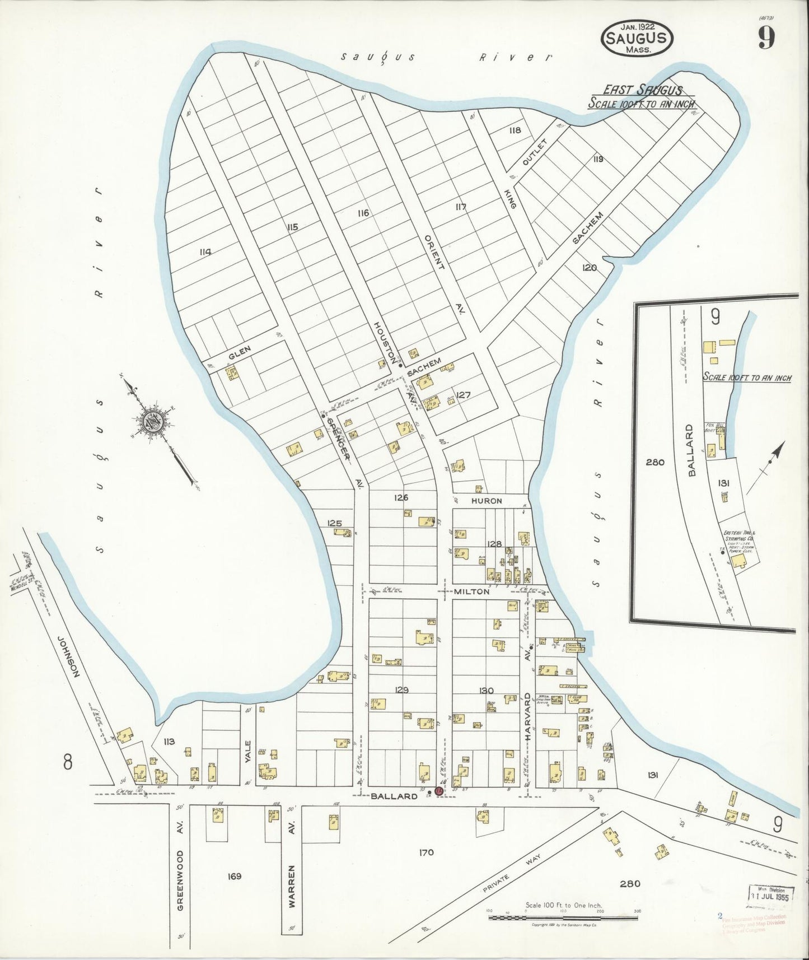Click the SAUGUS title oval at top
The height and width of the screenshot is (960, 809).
click(637, 38)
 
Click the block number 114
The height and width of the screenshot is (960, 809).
click(205, 252)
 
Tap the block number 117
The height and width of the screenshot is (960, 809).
click(461, 207)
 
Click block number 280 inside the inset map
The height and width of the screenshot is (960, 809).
click(654, 462)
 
